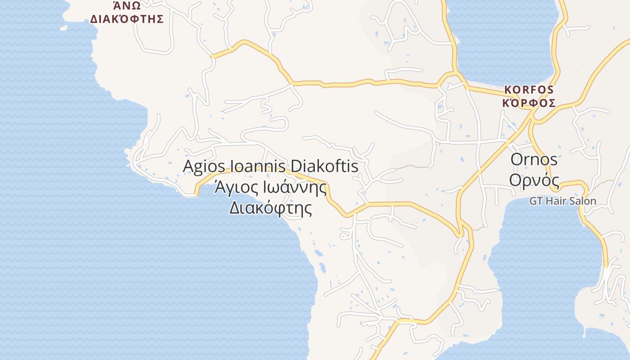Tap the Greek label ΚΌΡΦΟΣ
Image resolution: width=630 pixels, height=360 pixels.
pyautogui.click(x=529, y=103)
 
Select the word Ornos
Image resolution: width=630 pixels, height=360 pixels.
pyautogui.click(x=534, y=159)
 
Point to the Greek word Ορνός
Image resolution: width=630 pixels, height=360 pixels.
pyautogui.click(x=534, y=180)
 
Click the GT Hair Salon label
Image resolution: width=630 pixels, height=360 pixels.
pyautogui.click(x=562, y=201)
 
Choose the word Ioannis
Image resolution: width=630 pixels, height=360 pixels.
pyautogui.click(x=257, y=166)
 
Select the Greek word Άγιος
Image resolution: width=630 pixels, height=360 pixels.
pyautogui.click(x=236, y=187)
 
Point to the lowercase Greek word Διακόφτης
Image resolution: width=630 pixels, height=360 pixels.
pyautogui.click(x=270, y=207)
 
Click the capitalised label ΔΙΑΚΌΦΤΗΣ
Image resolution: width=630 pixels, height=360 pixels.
pyautogui.click(x=127, y=19)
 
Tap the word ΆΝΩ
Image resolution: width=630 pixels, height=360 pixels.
pyautogui.click(x=127, y=6)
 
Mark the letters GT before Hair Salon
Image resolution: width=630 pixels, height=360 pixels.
pyautogui.click(x=536, y=201)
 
